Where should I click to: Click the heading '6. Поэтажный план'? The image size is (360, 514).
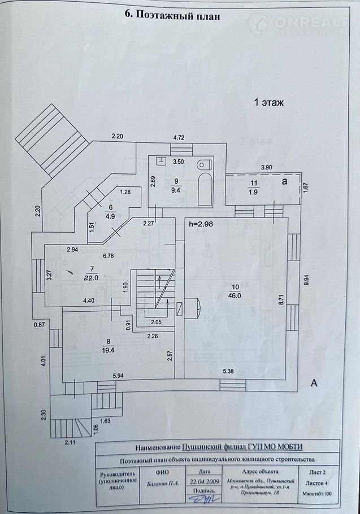(171, 16)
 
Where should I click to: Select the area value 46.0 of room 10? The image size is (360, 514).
(235, 295)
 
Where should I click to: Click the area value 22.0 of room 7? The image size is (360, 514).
(92, 277)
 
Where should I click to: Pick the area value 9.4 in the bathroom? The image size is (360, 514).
(176, 190)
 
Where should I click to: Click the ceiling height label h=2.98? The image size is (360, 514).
(202, 224)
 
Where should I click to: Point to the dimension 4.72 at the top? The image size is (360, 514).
(179, 137)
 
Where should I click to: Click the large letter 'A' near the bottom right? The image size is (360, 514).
(314, 384)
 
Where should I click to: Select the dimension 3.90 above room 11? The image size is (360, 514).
(266, 167)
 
